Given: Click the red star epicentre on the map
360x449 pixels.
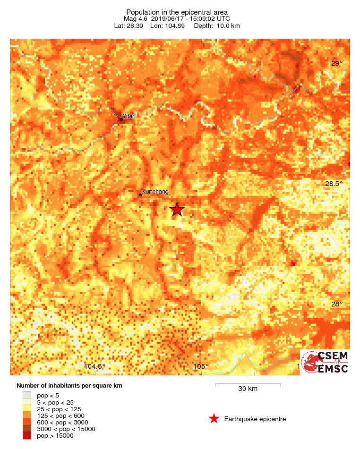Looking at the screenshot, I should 177,209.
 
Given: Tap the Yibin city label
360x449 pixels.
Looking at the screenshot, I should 129,116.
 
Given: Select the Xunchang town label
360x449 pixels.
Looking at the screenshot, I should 155,191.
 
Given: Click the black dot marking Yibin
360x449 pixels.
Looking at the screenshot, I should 121,119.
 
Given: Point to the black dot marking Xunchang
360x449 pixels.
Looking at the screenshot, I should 140,195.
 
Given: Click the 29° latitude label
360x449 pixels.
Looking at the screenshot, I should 336,63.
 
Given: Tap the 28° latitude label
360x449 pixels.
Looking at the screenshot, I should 336,304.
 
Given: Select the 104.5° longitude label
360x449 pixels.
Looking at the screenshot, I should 94,366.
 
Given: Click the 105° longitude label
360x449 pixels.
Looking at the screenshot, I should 201,366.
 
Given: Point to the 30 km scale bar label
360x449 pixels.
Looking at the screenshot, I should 248,389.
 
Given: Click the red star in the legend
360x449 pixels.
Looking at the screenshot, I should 214,419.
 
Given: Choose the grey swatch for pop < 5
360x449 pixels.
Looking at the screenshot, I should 26,395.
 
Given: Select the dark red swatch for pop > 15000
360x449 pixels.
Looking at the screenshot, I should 26,436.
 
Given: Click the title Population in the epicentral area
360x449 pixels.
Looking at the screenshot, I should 177,12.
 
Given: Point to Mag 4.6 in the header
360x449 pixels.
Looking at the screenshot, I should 136,18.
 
